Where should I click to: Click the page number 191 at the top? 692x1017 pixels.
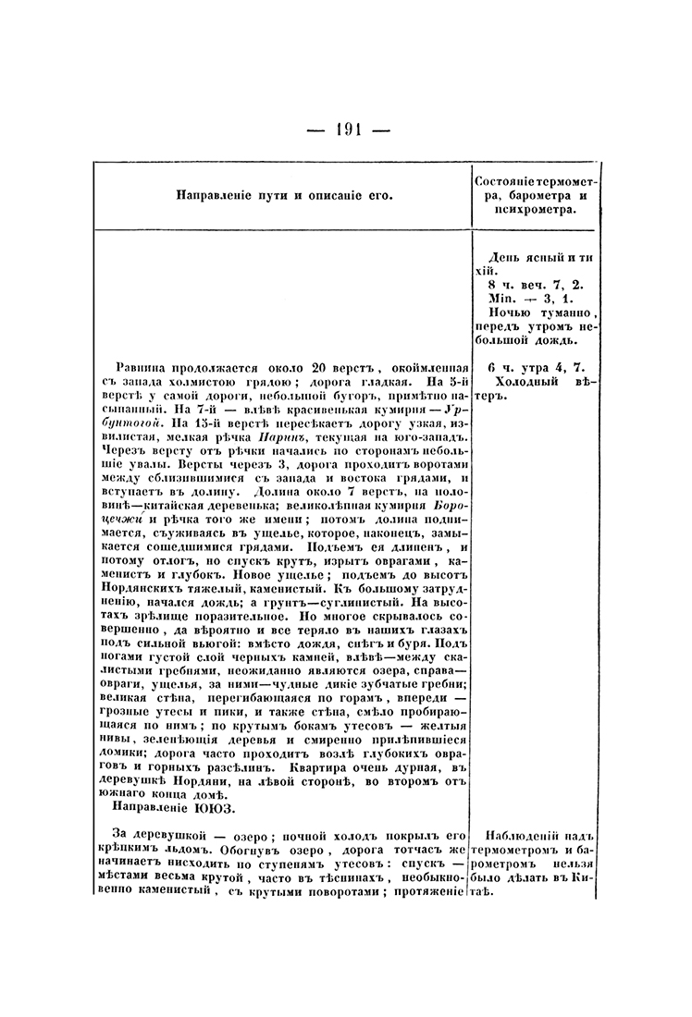[345, 129]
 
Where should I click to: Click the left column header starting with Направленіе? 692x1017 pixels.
[281, 195]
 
